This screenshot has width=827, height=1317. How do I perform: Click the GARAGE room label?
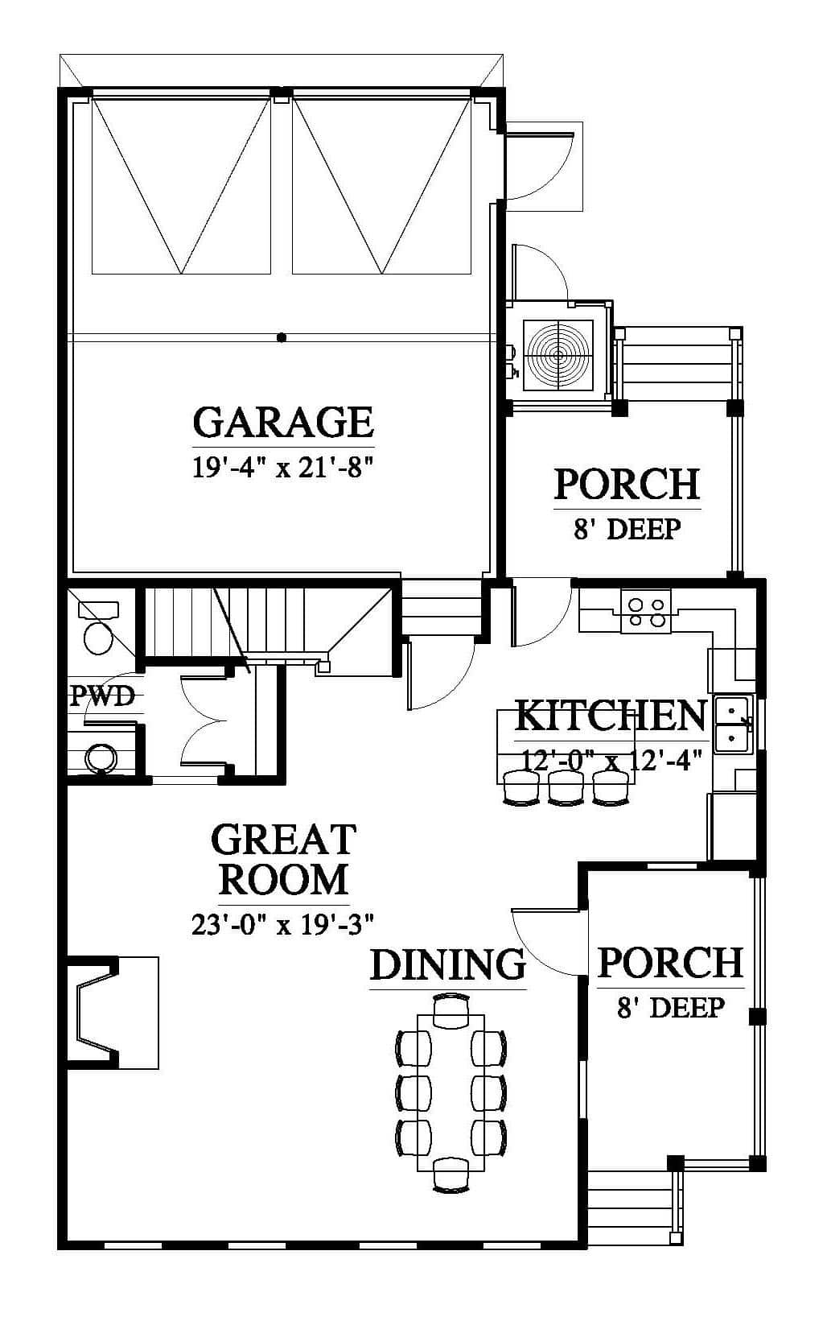(x=283, y=422)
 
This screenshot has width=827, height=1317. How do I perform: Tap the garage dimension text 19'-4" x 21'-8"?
(x=283, y=468)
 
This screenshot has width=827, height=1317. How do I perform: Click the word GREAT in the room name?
(x=284, y=839)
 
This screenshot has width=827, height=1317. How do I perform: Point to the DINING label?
(x=447, y=964)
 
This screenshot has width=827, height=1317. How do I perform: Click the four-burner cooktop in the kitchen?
(x=645, y=612)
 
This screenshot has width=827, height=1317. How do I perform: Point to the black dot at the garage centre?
(x=282, y=337)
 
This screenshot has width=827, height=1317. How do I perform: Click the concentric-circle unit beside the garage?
(x=558, y=356)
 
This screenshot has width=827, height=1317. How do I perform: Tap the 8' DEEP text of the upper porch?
(x=627, y=529)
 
